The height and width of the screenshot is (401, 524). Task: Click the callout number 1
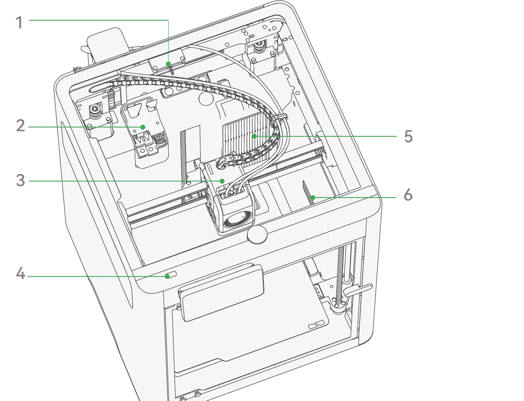(19, 23)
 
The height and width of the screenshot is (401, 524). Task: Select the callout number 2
(21, 125)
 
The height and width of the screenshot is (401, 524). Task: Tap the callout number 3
(21, 180)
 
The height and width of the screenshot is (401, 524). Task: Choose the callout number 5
(408, 136)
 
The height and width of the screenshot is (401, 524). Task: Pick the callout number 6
(408, 195)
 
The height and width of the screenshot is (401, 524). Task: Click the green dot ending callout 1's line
(168, 64)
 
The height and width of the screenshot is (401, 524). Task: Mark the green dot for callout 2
(143, 127)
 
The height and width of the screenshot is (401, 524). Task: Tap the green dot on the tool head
(222, 181)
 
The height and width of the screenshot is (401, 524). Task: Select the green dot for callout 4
(167, 276)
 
